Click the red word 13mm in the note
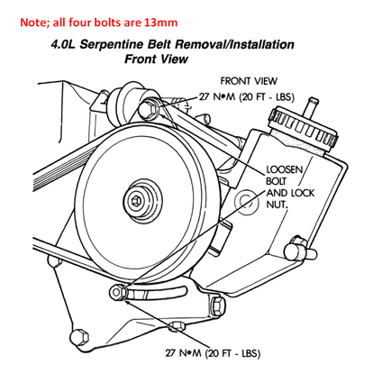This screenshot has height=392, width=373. tap(160, 23)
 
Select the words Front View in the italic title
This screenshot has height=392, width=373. tap(156, 59)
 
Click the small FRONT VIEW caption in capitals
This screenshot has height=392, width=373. tap(249, 81)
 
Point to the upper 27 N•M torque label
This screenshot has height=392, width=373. tap(247, 97)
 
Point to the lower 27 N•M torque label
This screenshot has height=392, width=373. tap(213, 353)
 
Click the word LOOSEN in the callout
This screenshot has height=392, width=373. tap(285, 169)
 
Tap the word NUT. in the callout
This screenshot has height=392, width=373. tap(277, 205)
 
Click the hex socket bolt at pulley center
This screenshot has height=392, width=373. tap(137, 200)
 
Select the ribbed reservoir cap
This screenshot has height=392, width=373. tap(303, 127)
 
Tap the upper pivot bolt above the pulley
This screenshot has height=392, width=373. tap(149, 109)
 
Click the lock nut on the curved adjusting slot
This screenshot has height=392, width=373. tap(118, 292)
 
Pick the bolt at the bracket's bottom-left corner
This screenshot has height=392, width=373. tap(79, 337)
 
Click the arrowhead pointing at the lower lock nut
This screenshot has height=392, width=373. tap(127, 301)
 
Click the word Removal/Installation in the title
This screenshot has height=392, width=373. tap(234, 45)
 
